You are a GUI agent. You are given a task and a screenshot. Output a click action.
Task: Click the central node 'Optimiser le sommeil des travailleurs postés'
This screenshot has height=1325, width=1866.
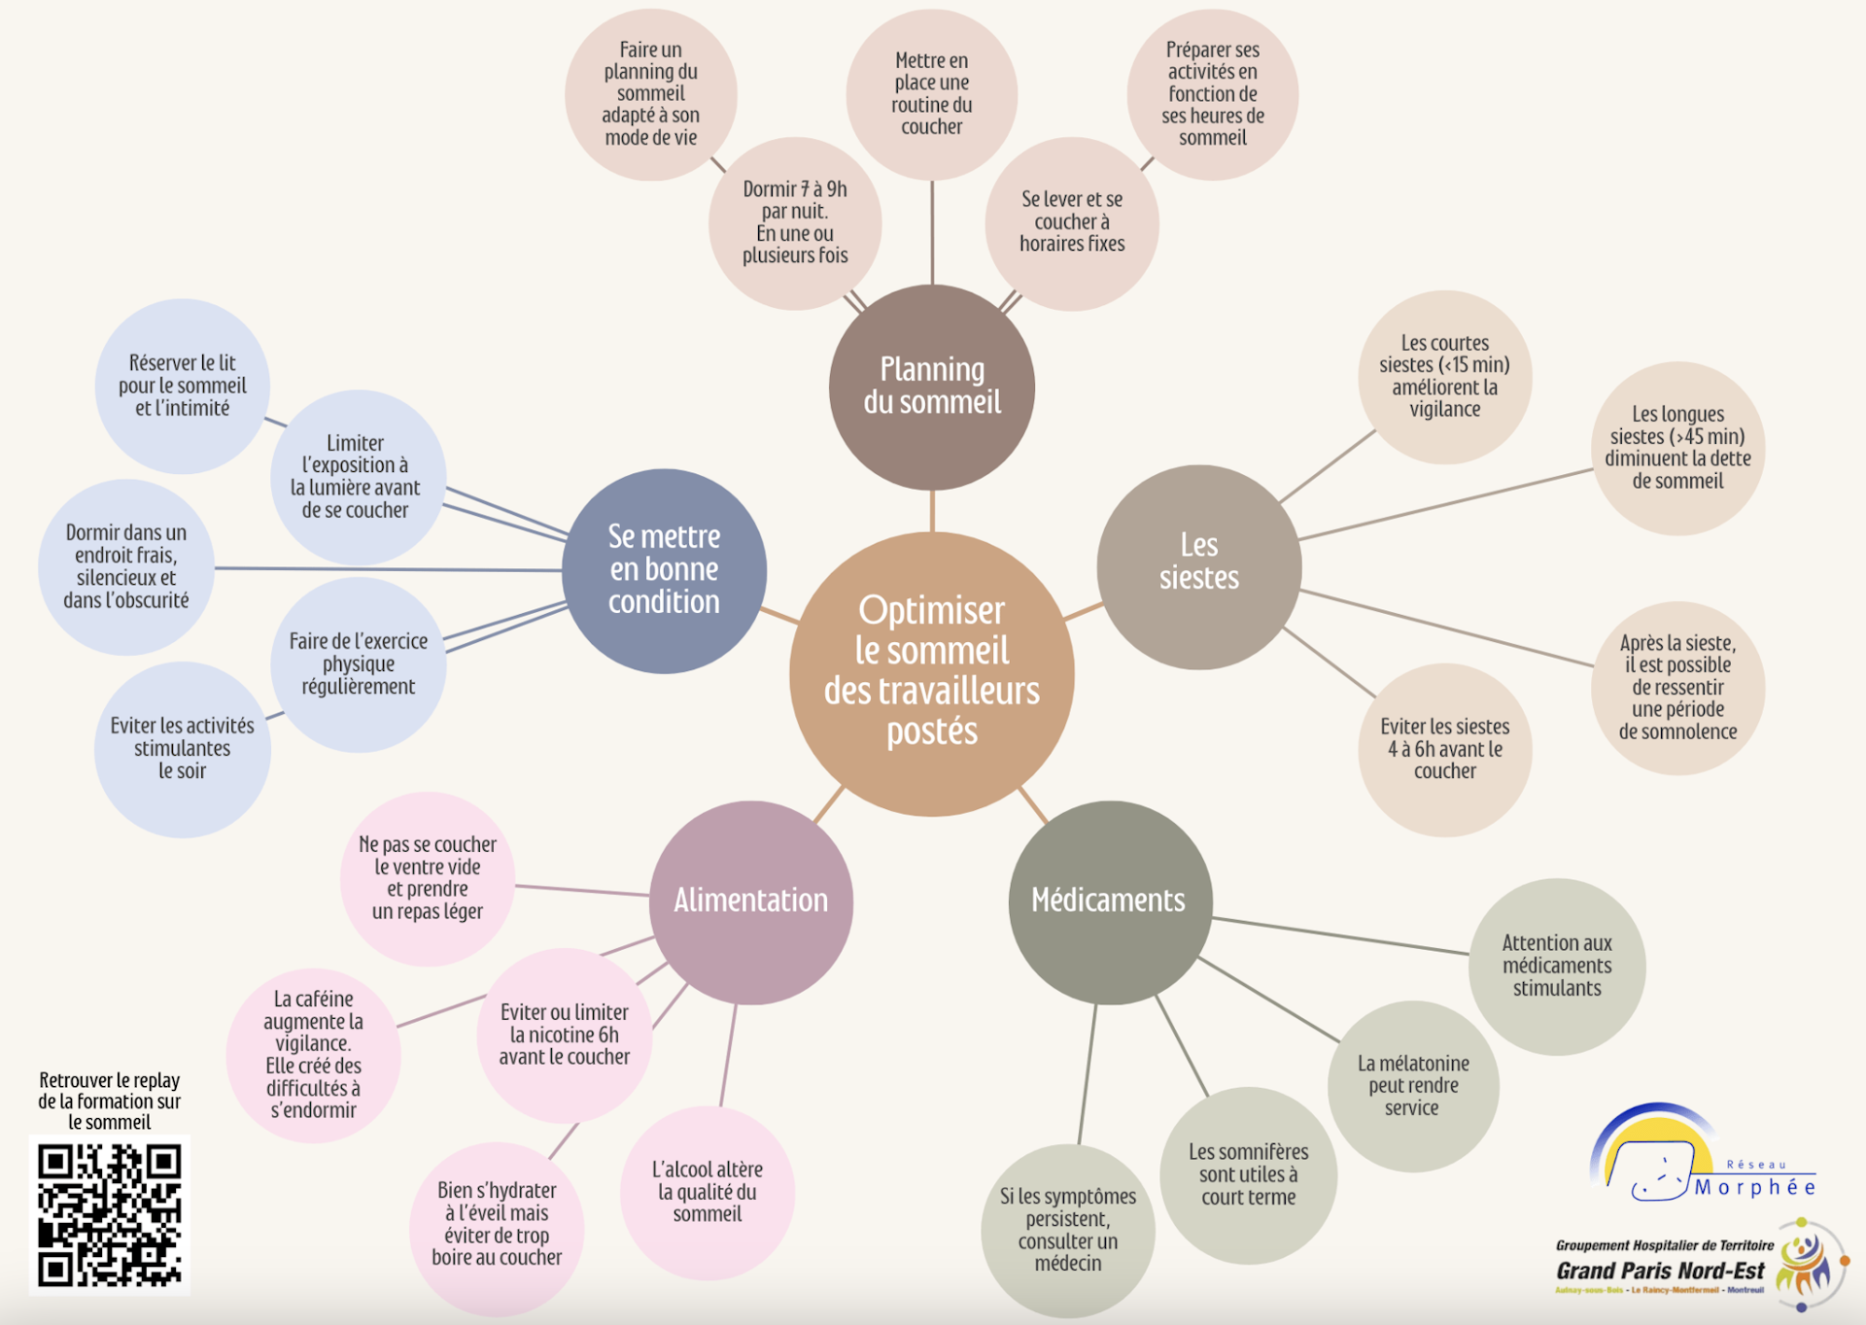click(x=931, y=672)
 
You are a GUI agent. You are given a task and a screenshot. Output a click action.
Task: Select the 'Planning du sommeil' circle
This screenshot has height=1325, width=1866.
click(x=931, y=387)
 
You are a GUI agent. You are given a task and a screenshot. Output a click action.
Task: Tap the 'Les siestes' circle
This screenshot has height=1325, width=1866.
click(x=1198, y=566)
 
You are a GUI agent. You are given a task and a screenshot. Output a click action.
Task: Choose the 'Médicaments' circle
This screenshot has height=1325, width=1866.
click(x=1109, y=901)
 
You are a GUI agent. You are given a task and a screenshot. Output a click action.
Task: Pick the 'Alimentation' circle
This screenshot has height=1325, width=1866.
click(x=751, y=901)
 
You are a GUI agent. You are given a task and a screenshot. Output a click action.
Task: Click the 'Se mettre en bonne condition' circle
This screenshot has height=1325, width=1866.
click(x=664, y=570)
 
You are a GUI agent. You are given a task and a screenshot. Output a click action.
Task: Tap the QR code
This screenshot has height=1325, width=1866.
click(x=109, y=1215)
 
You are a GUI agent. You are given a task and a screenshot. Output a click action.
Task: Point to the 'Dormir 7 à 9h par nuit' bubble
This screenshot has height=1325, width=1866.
click(x=795, y=223)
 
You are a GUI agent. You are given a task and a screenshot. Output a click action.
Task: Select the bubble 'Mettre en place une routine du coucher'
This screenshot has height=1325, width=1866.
click(x=931, y=94)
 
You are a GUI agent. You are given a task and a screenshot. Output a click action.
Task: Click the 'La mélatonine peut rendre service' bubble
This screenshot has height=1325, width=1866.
click(x=1412, y=1086)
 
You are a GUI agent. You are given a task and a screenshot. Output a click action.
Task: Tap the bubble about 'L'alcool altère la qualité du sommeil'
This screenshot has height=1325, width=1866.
click(x=708, y=1192)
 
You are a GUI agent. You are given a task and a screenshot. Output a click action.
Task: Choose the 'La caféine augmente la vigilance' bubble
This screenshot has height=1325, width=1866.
click(x=313, y=1055)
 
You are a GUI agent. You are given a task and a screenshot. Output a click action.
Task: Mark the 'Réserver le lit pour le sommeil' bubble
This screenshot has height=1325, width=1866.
click(x=183, y=386)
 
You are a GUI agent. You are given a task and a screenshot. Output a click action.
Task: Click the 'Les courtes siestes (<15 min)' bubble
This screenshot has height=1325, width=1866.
click(x=1444, y=377)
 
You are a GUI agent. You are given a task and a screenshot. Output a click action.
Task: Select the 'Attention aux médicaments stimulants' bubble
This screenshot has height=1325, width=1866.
click(x=1556, y=966)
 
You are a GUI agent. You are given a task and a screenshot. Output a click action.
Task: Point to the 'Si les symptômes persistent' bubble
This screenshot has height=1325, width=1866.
click(x=1067, y=1230)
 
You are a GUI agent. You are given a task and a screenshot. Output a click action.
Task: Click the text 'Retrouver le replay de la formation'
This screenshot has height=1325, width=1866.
click(x=109, y=1101)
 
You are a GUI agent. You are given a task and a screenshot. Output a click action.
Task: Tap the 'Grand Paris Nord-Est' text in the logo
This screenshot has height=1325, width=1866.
click(x=1660, y=1271)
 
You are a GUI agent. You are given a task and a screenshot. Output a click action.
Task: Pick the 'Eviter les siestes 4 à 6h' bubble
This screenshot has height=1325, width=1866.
click(x=1444, y=749)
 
